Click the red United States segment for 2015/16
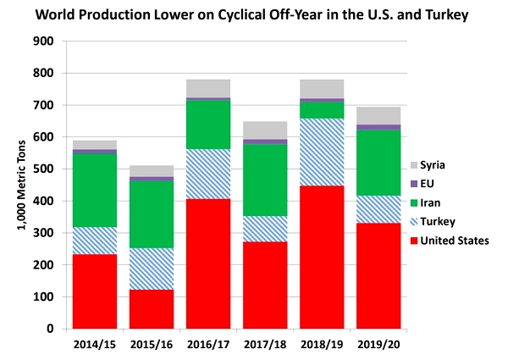coord(152,309)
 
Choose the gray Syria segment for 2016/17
coord(208,88)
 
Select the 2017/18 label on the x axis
coord(265,345)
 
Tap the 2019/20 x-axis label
coord(378,345)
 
